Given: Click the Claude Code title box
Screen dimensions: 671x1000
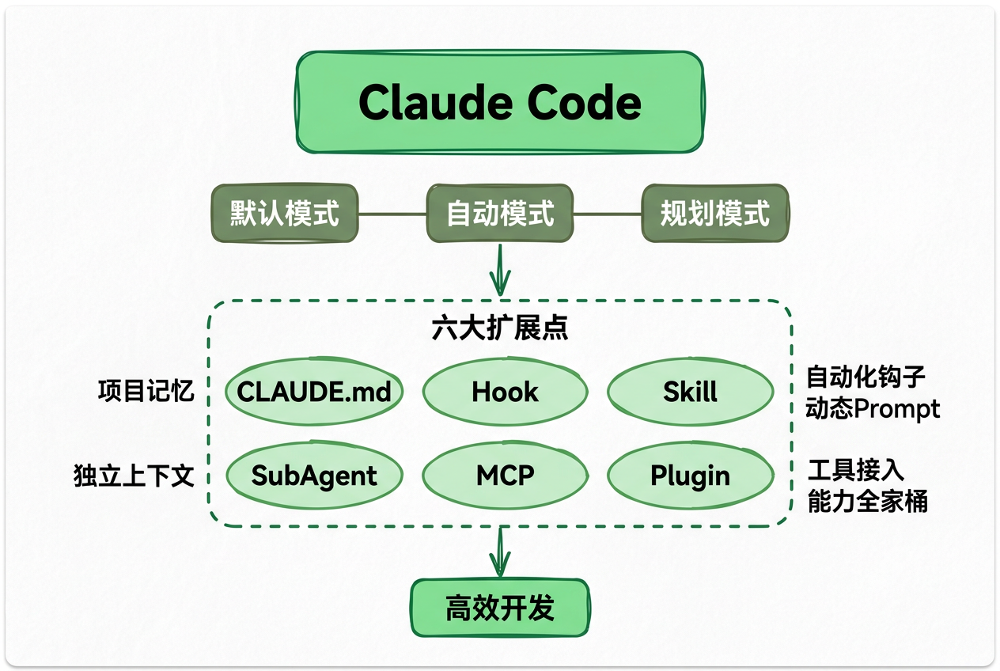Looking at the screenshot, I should tap(499, 102).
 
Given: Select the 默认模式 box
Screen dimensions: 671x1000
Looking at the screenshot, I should tap(284, 213).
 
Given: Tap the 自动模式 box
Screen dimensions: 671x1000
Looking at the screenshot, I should tap(500, 213).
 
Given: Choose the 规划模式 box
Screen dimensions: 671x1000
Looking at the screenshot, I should tap(714, 213).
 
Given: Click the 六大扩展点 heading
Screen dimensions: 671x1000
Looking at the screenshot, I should tap(499, 329).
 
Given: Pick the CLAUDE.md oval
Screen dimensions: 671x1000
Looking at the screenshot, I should tap(314, 391).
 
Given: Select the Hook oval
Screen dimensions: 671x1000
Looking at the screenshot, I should tap(505, 391).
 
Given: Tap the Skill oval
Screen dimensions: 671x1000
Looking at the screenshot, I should tap(690, 391).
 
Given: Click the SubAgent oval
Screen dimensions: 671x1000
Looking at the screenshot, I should tap(314, 475).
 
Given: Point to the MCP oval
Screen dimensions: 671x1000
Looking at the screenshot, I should tap(505, 475).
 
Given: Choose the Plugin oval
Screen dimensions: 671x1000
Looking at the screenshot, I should tap(690, 475).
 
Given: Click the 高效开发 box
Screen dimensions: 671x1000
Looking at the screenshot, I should tap(499, 608).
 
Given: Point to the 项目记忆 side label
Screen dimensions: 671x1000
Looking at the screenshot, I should tap(146, 391).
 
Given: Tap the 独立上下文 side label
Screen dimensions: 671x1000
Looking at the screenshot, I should tap(134, 476).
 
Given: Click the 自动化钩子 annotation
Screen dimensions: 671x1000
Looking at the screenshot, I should tap(866, 377).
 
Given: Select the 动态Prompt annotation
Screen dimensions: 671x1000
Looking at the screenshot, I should tap(873, 408).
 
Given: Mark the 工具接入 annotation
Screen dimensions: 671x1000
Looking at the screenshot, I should tap(855, 470).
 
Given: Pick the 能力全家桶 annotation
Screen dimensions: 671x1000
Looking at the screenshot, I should tap(867, 502).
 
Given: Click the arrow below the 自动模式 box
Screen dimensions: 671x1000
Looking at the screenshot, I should tap(500, 271).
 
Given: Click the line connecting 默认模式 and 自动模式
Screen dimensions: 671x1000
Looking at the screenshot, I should tap(392, 213).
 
